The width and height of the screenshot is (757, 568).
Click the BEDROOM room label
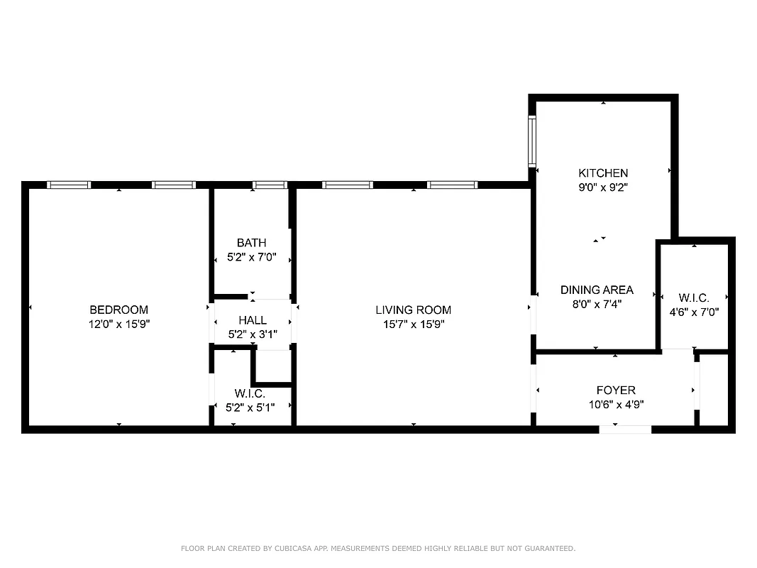click(118, 310)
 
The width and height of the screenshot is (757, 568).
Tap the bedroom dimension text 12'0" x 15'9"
click(118, 324)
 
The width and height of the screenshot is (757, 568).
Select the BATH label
click(252, 243)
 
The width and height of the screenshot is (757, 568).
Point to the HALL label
click(253, 320)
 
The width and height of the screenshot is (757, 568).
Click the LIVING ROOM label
click(413, 310)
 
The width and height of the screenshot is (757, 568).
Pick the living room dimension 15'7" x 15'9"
click(413, 324)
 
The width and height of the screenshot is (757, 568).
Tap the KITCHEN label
click(603, 173)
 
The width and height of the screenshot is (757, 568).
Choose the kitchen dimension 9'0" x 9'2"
click(603, 187)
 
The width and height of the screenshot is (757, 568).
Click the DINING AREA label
click(597, 290)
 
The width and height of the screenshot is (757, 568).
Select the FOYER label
click(615, 390)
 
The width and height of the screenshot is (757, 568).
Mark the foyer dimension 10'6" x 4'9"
click(615, 405)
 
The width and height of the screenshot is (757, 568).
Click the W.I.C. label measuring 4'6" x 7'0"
click(693, 297)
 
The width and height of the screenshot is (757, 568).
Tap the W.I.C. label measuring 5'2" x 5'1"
click(250, 393)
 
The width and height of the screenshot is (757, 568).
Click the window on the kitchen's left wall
click(531, 141)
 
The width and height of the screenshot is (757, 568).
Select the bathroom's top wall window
click(270, 185)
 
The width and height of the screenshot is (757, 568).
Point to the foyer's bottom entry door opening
click(625, 430)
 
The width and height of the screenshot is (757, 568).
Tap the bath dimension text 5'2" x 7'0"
click(252, 258)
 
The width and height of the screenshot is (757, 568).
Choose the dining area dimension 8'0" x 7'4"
click(597, 305)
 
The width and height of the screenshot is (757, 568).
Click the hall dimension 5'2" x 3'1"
click(253, 334)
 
